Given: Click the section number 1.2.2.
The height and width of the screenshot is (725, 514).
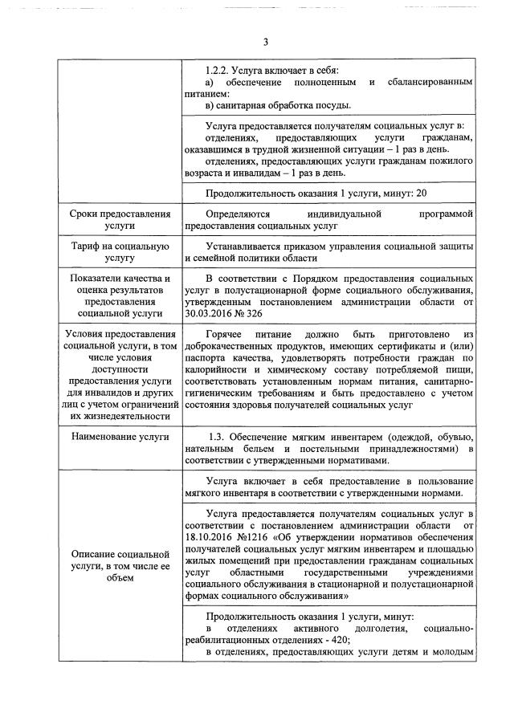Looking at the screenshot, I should (219, 71).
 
